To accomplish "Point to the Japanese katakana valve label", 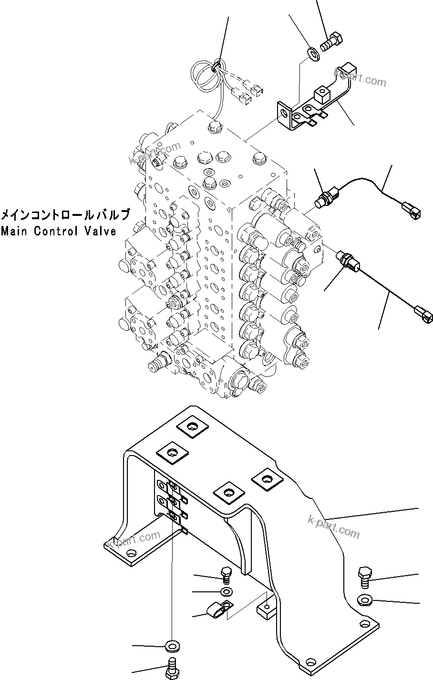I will tap(65, 215).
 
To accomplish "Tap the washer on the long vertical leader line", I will tap(171, 647).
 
